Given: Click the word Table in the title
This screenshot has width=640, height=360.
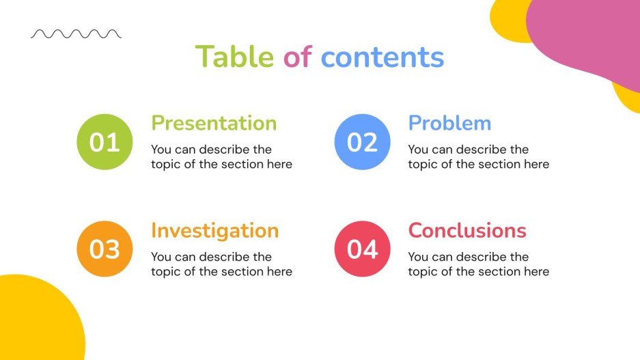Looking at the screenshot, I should coord(234,57).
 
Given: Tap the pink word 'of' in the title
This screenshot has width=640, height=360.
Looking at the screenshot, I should coord(297,57).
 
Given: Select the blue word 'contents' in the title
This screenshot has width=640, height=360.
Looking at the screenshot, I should coord(382,57).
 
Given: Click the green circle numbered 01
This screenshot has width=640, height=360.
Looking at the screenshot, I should coord(105,142).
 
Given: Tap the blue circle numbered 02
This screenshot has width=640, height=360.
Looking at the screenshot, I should coord(362,142).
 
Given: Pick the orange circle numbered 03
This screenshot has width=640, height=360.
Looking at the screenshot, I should coord(105,249).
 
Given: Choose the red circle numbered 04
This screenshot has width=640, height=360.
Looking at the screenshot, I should coord(362,249).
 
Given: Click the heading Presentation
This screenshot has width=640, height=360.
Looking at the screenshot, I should coord(214,123).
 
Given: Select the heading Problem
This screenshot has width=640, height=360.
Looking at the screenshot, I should coord(449,123).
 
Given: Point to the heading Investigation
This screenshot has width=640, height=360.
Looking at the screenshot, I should coord(214,230).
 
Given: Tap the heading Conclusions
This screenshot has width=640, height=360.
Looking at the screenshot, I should coord(467,230).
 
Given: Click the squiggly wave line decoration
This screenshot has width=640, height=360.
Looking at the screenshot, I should coord(76,33).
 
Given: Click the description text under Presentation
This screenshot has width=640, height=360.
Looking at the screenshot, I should coord(221,156).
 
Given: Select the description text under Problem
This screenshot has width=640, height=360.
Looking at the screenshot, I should coord(478,156).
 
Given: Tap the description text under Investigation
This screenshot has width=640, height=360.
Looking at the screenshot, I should coord(221,264).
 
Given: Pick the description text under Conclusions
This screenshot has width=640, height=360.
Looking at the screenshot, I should coord(478,264).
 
